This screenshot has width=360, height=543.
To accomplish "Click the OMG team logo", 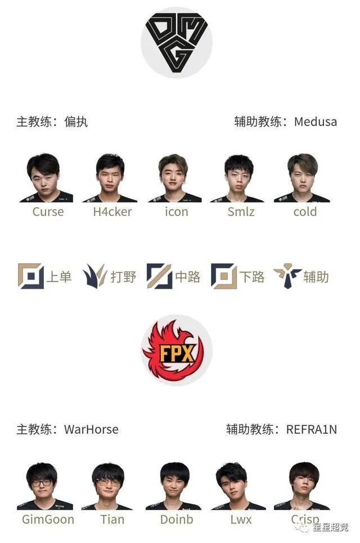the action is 176,43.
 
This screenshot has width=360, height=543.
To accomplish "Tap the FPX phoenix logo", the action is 176,350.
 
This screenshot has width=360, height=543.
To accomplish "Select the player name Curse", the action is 48,212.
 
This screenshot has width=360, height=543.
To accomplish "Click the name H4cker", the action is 112,212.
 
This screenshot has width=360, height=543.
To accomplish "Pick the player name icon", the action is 177,212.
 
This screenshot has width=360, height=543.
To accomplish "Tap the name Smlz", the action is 241,212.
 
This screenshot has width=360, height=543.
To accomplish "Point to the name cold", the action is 305,212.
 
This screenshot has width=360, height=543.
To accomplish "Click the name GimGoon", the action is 48,519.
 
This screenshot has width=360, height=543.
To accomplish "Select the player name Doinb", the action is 177,519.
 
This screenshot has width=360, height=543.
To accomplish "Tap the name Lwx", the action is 241,519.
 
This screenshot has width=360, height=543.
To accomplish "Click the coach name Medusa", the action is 316,122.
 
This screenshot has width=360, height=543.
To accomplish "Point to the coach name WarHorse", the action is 91,429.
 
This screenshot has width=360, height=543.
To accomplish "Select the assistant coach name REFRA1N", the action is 312,429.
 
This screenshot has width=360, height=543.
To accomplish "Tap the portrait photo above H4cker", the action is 110,178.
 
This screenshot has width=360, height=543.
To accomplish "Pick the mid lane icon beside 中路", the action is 159,276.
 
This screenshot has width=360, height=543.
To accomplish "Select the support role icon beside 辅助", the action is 287,276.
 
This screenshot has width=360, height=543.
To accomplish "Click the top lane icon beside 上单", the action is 31,276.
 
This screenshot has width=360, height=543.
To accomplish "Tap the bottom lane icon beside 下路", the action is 224,276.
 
